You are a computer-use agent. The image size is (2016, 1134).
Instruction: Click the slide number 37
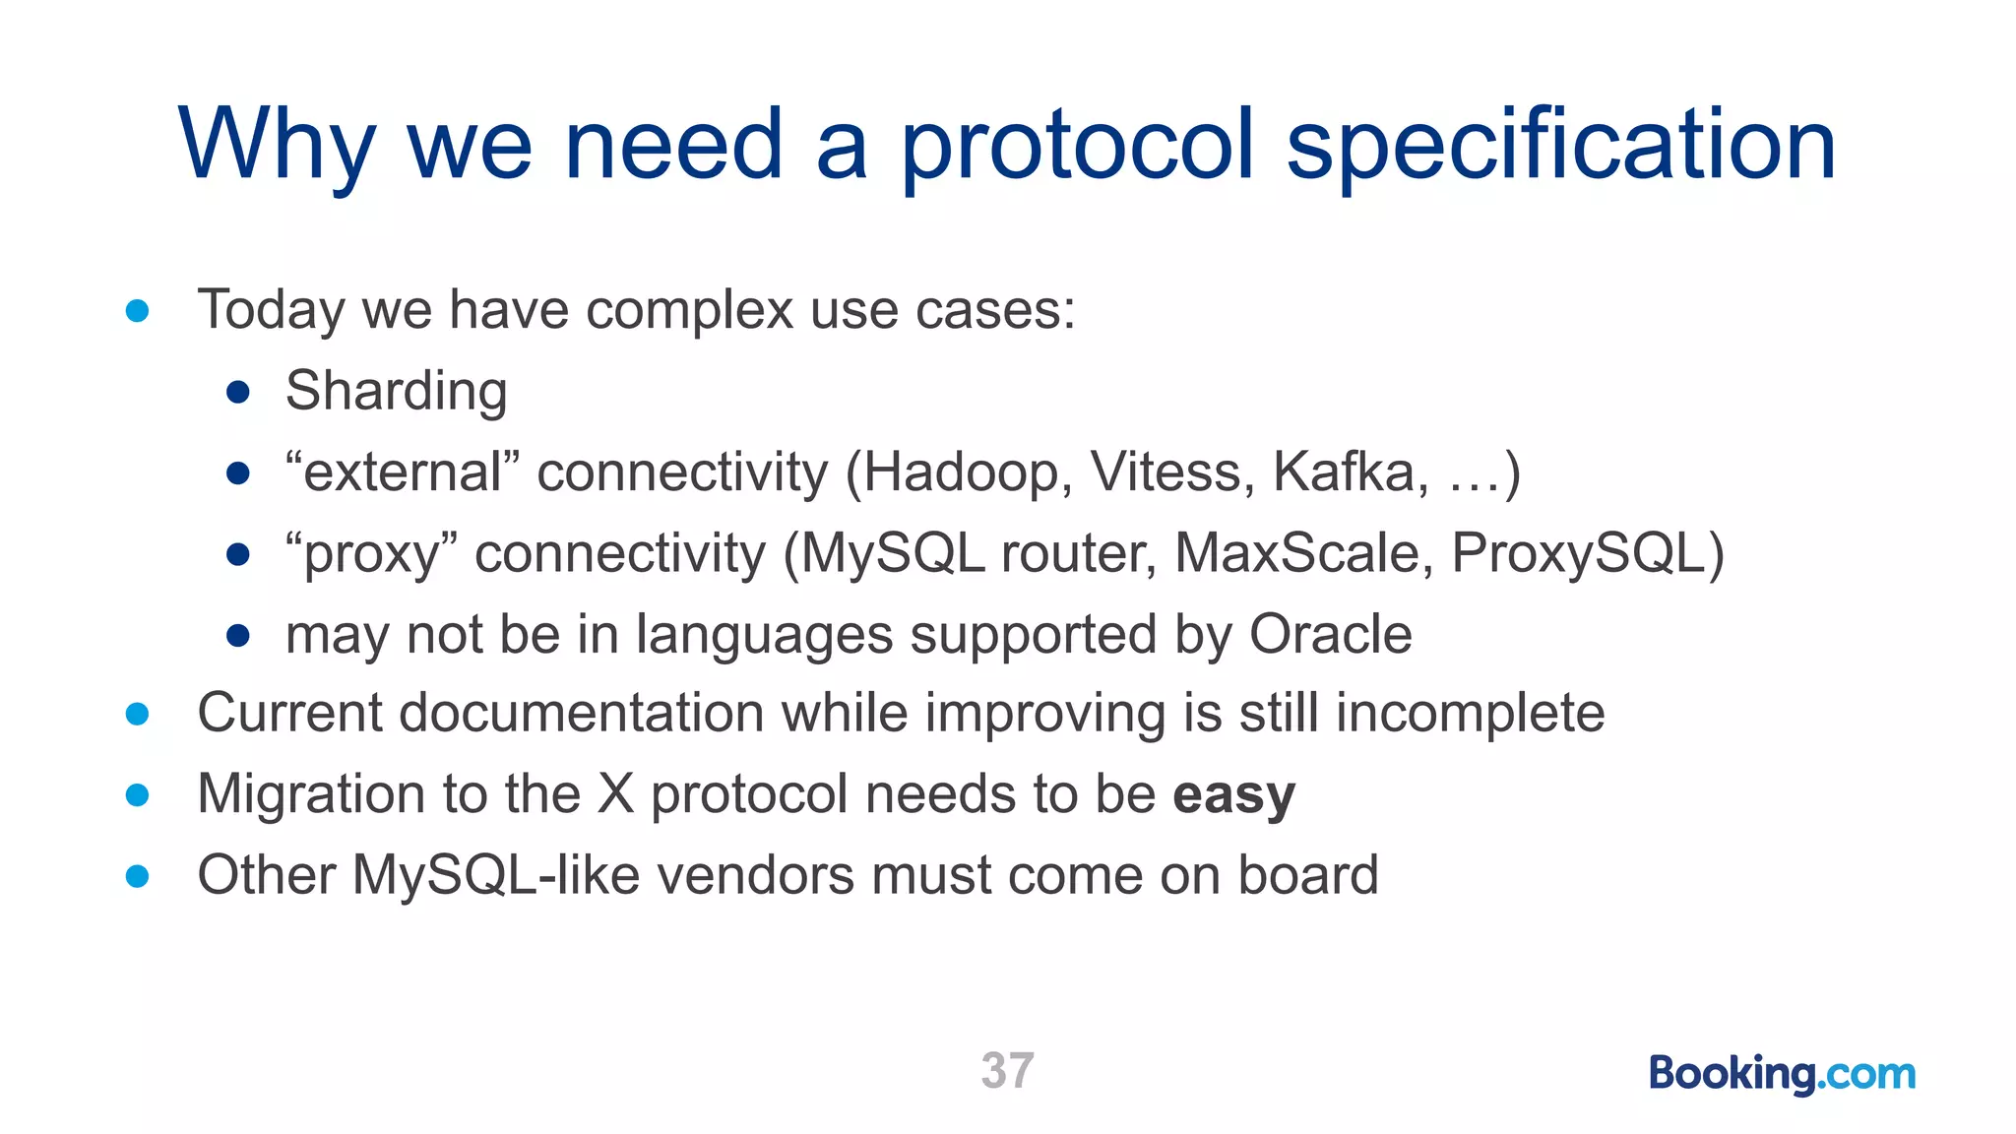coord(1007,1070)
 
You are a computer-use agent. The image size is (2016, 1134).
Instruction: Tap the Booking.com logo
coord(1782,1073)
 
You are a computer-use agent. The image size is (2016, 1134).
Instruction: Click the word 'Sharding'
coord(396,391)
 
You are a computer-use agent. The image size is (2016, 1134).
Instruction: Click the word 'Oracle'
coord(1330,634)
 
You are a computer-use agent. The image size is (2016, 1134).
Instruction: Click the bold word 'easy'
coord(1233,795)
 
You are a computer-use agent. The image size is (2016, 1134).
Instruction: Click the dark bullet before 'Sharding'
coord(238,393)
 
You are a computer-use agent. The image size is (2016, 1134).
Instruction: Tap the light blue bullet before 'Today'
coord(138,311)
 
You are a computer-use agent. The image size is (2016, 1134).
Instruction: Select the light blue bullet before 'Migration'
coord(138,795)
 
